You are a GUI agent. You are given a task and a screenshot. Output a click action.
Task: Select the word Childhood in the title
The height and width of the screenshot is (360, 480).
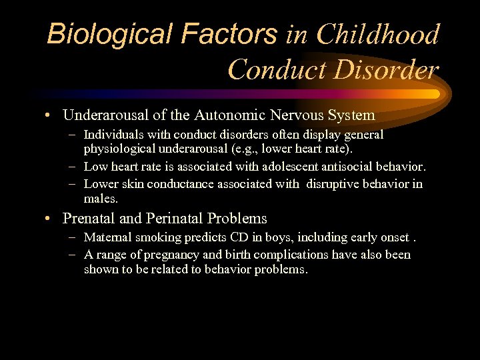coord(378,34)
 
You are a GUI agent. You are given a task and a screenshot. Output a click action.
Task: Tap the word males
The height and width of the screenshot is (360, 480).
coord(101,198)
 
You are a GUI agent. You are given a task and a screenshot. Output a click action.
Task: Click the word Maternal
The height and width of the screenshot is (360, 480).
coord(108,237)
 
